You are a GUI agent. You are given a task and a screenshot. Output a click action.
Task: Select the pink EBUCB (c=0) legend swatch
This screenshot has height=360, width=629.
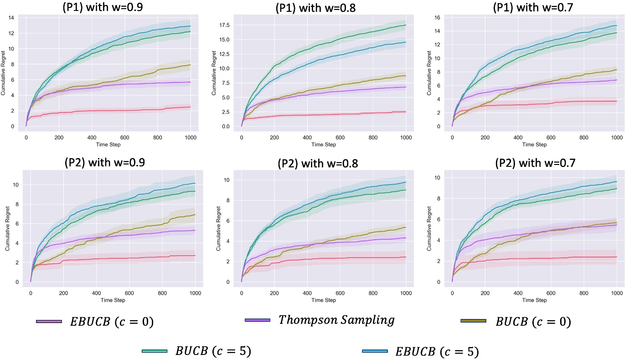tap(49, 322)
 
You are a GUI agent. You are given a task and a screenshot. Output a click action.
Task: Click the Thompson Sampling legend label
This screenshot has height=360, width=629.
tap(336, 320)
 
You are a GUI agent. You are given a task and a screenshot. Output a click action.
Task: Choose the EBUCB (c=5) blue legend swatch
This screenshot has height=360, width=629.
tap(375, 351)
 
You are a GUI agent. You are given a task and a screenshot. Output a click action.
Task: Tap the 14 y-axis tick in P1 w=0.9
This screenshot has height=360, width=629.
tap(16, 17)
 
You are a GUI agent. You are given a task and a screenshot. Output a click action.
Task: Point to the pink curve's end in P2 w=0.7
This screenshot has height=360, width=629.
tap(616, 257)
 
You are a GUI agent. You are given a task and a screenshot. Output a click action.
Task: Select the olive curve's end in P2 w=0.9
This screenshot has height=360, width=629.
tap(195, 215)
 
